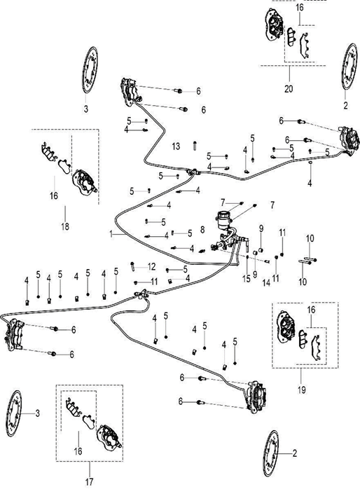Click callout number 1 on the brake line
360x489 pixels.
[x=111, y=234]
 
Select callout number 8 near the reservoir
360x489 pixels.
[x=202, y=230]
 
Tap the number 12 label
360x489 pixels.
[x=151, y=267]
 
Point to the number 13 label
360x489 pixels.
[x=176, y=146]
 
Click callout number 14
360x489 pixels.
[x=266, y=283]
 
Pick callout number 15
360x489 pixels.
[x=247, y=279]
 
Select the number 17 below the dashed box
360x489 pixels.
[x=89, y=481]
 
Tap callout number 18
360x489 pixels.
[x=65, y=226]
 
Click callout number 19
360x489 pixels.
[x=301, y=390]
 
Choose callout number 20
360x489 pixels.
[x=289, y=88]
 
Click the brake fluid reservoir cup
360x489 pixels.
[x=223, y=219]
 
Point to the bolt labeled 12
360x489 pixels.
[x=133, y=266]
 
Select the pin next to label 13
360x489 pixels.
[x=195, y=146]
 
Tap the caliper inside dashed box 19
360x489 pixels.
[x=286, y=326]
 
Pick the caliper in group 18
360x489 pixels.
[x=84, y=182]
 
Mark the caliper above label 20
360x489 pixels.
[x=275, y=25]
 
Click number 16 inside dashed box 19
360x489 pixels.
[x=311, y=310]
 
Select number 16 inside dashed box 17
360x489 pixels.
[x=78, y=451]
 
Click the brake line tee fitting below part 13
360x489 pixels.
[x=193, y=172]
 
